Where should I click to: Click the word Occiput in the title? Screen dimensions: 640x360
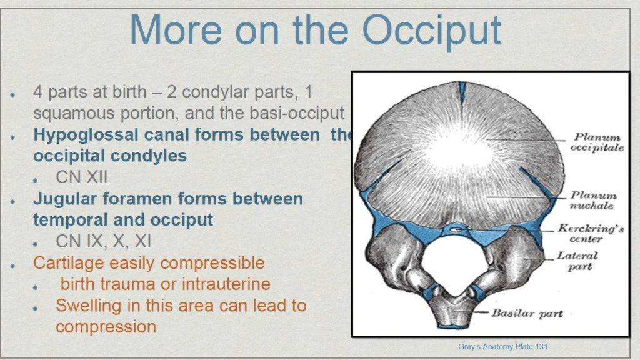click(432, 30)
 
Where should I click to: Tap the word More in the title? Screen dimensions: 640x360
click(176, 29)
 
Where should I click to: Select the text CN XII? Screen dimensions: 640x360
click(82, 177)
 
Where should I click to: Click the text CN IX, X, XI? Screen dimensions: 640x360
click(103, 241)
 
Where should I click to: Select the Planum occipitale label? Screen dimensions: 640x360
click(597, 142)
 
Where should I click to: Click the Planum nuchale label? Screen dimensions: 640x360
click(594, 201)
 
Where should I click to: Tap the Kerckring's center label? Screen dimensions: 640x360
click(591, 233)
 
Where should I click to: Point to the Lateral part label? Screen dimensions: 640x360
click(577, 261)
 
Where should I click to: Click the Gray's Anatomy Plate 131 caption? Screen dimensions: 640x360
click(503, 347)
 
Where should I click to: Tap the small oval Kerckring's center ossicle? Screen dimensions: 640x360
click(457, 230)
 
